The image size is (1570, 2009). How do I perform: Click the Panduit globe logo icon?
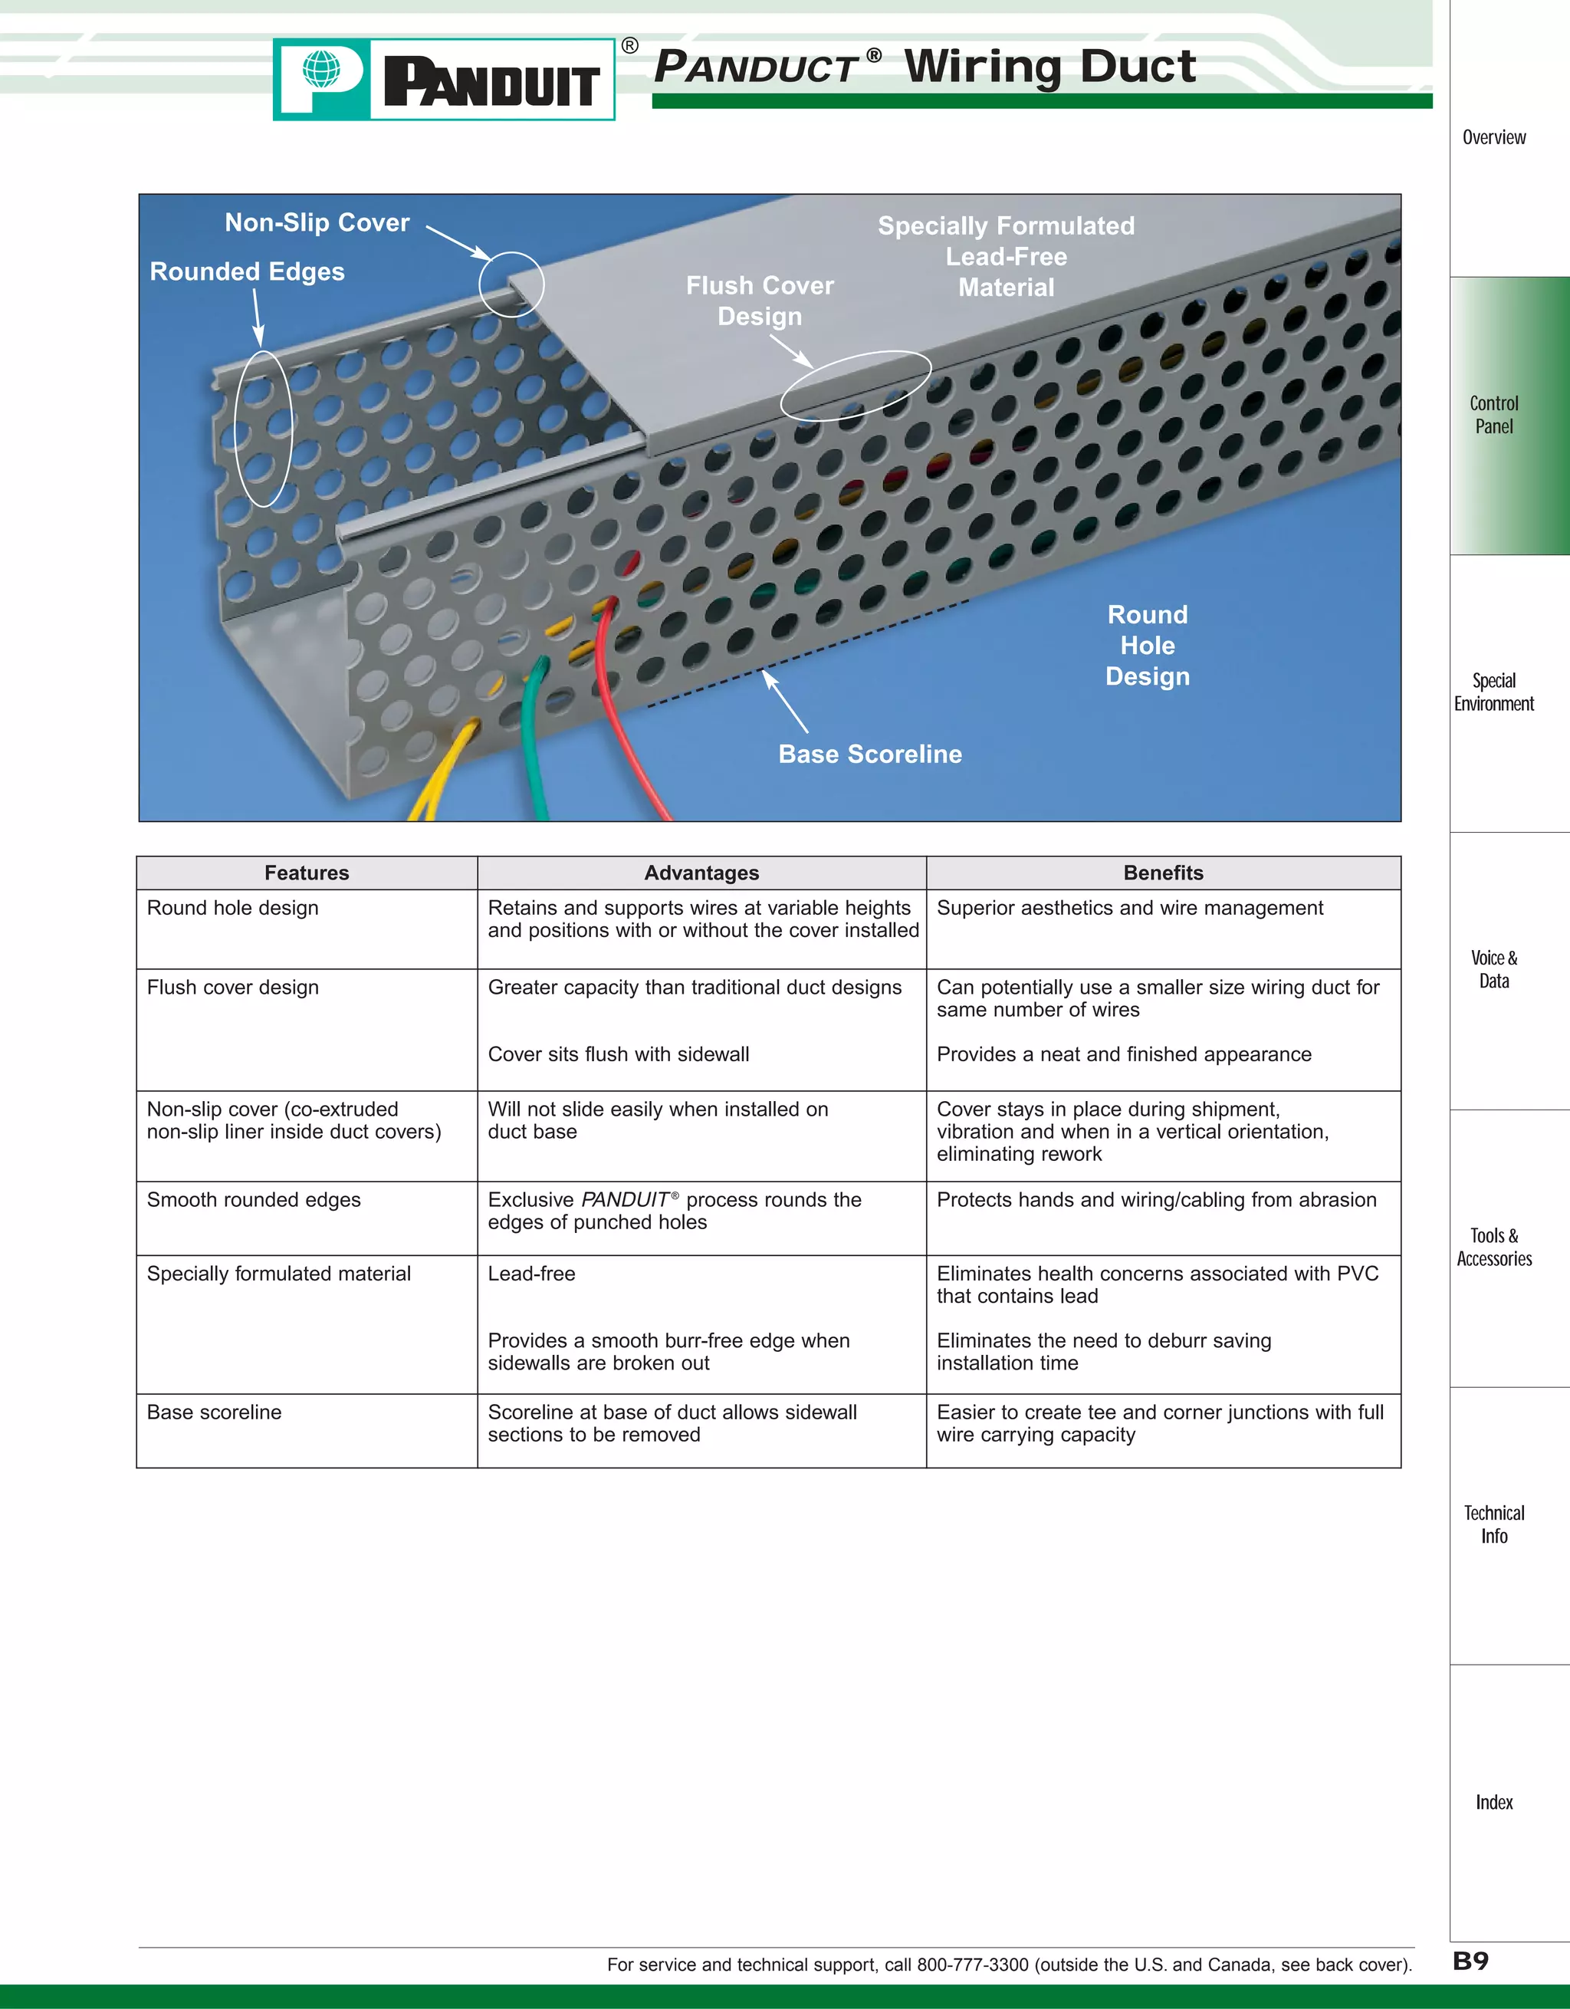pos(321,70)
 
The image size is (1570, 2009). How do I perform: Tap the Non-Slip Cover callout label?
pos(317,222)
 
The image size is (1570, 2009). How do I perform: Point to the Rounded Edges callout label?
pos(248,271)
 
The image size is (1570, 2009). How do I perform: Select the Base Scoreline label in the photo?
pos(870,755)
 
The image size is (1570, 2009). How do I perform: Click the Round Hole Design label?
pos(1147,645)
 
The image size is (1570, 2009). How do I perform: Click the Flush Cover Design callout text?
pos(760,300)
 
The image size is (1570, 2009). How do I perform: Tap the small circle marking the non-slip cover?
pos(511,284)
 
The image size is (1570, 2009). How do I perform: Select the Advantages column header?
pos(701,873)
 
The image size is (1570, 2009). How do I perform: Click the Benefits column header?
pos(1163,873)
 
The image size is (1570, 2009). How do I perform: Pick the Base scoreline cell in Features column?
pos(215,1412)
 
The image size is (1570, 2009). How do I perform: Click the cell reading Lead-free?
pos(531,1274)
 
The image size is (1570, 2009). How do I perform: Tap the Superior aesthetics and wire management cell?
pos(1129,908)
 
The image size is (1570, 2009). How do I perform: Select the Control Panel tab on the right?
pos(1493,415)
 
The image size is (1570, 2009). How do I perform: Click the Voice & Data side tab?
pos(1493,969)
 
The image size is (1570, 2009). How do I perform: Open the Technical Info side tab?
pos(1493,1524)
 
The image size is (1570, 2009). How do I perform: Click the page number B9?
pos(1470,1960)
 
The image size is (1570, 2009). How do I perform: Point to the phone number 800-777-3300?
pos(972,1965)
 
